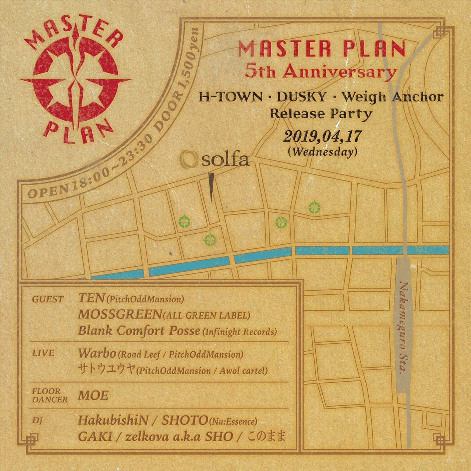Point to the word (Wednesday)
(323, 152)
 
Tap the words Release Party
(321, 114)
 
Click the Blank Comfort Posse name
(139, 331)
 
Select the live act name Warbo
(97, 354)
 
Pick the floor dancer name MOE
(93, 396)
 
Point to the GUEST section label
(48, 300)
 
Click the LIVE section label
(43, 354)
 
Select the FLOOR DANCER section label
(50, 395)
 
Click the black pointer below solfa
(212, 187)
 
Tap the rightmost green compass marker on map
(315, 208)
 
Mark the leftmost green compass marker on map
(184, 222)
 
